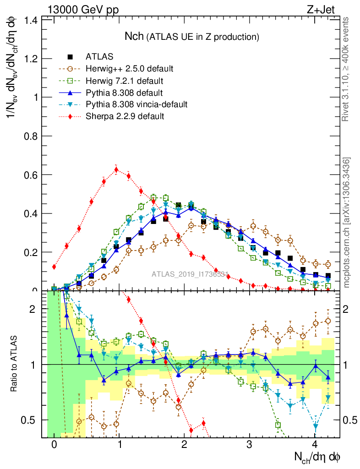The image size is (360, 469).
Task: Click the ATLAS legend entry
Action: click(x=99, y=57)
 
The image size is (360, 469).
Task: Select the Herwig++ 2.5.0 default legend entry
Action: click(x=129, y=69)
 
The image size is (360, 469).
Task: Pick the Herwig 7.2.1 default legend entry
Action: click(x=125, y=81)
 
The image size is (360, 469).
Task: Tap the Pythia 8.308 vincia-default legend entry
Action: click(x=136, y=104)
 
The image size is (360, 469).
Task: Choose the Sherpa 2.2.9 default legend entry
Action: click(x=125, y=116)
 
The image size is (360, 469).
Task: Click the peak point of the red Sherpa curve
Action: click(x=116, y=169)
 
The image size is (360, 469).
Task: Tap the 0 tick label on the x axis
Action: click(x=54, y=445)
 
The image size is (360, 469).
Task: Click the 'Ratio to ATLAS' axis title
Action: click(x=15, y=364)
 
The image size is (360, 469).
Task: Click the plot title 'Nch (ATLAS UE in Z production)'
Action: click(x=192, y=36)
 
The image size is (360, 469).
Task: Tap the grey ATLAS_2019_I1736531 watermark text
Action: click(x=190, y=274)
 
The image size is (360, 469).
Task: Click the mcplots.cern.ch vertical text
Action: click(x=347, y=223)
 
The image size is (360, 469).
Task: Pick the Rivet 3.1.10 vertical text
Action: click(x=347, y=69)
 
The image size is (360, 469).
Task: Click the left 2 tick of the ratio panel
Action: click(x=33, y=309)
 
